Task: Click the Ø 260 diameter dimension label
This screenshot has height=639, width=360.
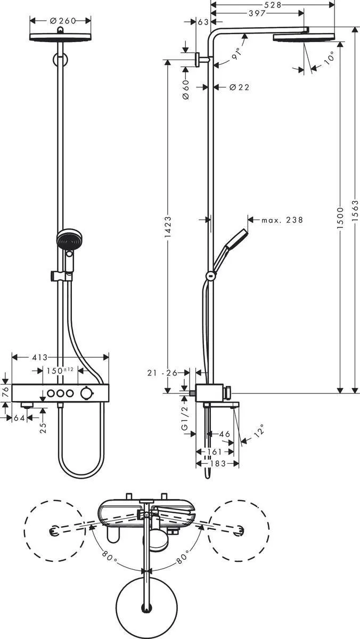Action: (63, 21)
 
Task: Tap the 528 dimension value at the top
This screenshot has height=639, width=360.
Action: (273, 5)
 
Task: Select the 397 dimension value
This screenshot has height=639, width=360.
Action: (257, 13)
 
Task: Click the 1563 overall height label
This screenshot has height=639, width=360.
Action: (355, 210)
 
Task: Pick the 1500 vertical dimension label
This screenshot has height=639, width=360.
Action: (340, 218)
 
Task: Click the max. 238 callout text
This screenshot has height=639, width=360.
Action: (282, 219)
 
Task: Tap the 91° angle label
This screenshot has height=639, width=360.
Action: (236, 54)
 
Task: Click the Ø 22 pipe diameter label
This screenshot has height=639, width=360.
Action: (239, 87)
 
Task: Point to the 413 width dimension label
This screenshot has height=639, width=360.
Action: (39, 357)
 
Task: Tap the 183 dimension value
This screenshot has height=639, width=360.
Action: (217, 464)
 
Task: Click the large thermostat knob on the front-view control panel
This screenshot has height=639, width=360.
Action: (86, 394)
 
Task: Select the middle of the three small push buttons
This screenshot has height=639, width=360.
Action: (60, 394)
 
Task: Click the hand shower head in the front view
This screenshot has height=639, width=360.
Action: (70, 239)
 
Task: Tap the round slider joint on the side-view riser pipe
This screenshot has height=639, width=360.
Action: (211, 276)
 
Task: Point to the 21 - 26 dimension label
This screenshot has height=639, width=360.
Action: (162, 373)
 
